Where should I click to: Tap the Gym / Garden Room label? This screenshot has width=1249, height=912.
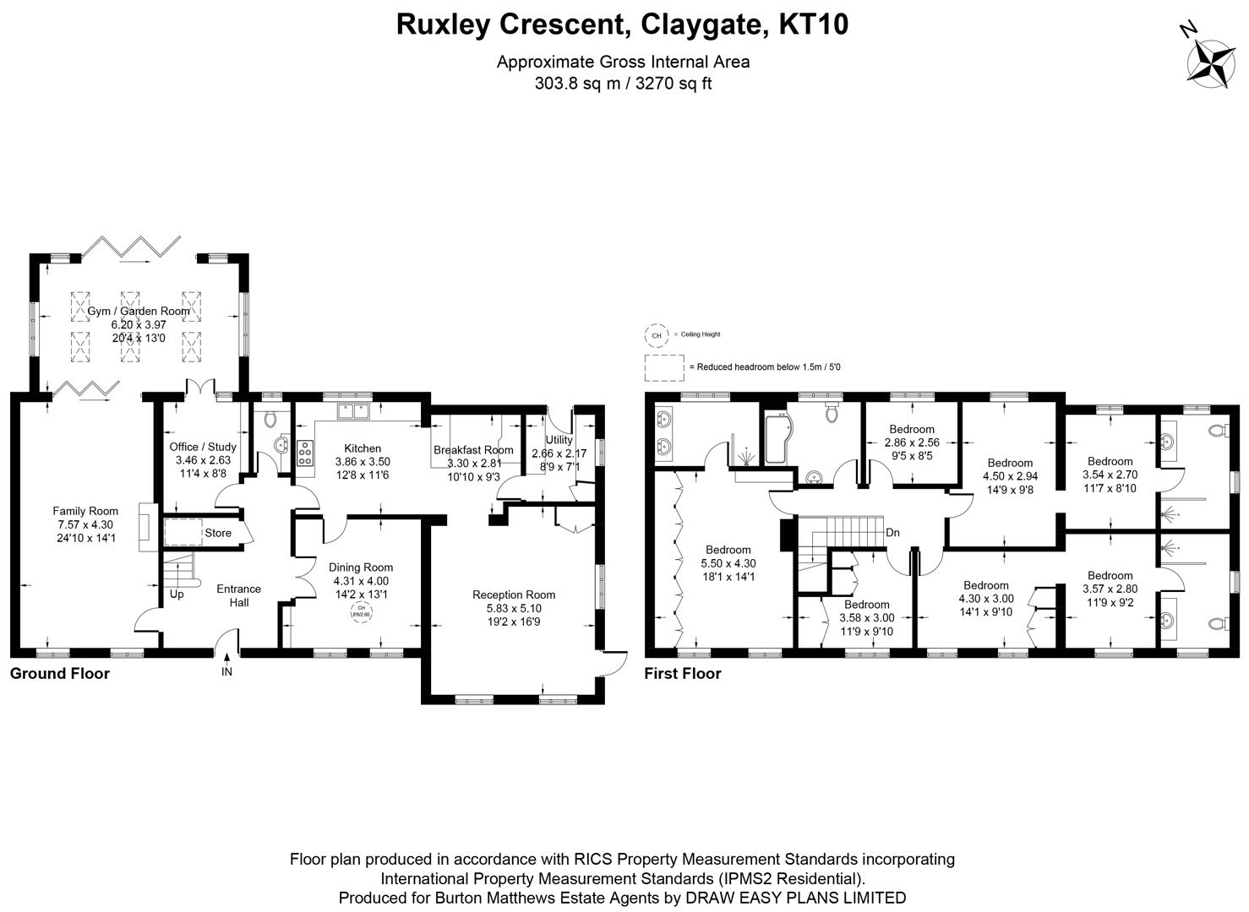139,311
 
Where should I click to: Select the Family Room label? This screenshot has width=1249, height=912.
85,511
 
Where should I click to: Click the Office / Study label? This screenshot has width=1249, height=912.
203,447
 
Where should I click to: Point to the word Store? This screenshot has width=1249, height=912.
218,533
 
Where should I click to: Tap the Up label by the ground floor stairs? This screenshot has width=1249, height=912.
177,594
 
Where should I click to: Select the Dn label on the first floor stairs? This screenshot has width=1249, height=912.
892,533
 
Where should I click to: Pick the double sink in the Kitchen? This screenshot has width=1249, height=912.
354,411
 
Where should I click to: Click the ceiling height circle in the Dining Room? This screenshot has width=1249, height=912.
361,610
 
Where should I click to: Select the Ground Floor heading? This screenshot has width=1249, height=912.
60,674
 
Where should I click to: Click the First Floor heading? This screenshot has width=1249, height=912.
683,674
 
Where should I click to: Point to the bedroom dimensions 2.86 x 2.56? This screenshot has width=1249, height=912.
912,442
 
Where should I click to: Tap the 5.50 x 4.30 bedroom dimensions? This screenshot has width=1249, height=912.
728,563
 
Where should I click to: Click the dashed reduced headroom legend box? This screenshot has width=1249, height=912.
663,367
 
